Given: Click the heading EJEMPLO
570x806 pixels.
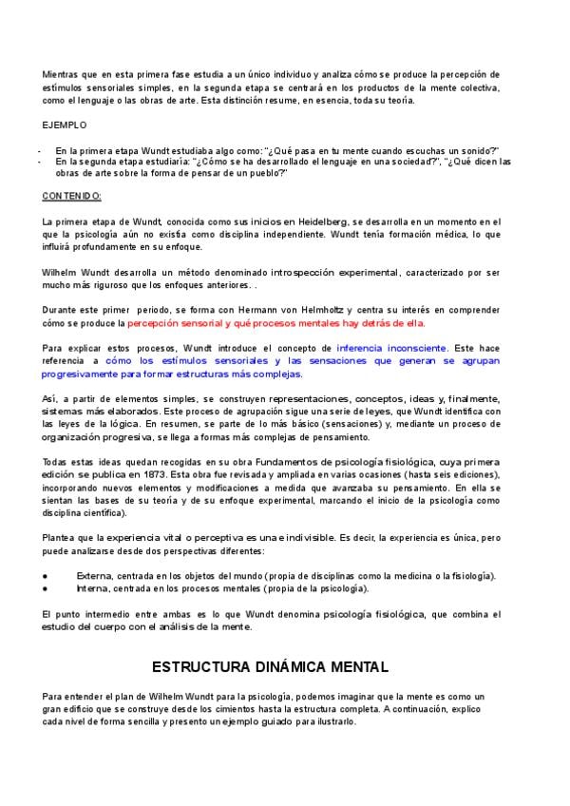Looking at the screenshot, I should [x=64, y=125].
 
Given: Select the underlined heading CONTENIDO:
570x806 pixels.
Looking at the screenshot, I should [x=72, y=196].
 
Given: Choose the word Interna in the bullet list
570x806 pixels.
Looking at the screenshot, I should [x=92, y=589].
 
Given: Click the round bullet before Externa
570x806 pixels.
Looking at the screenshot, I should [x=46, y=576].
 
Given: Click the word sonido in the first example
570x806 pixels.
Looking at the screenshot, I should [x=471, y=150].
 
